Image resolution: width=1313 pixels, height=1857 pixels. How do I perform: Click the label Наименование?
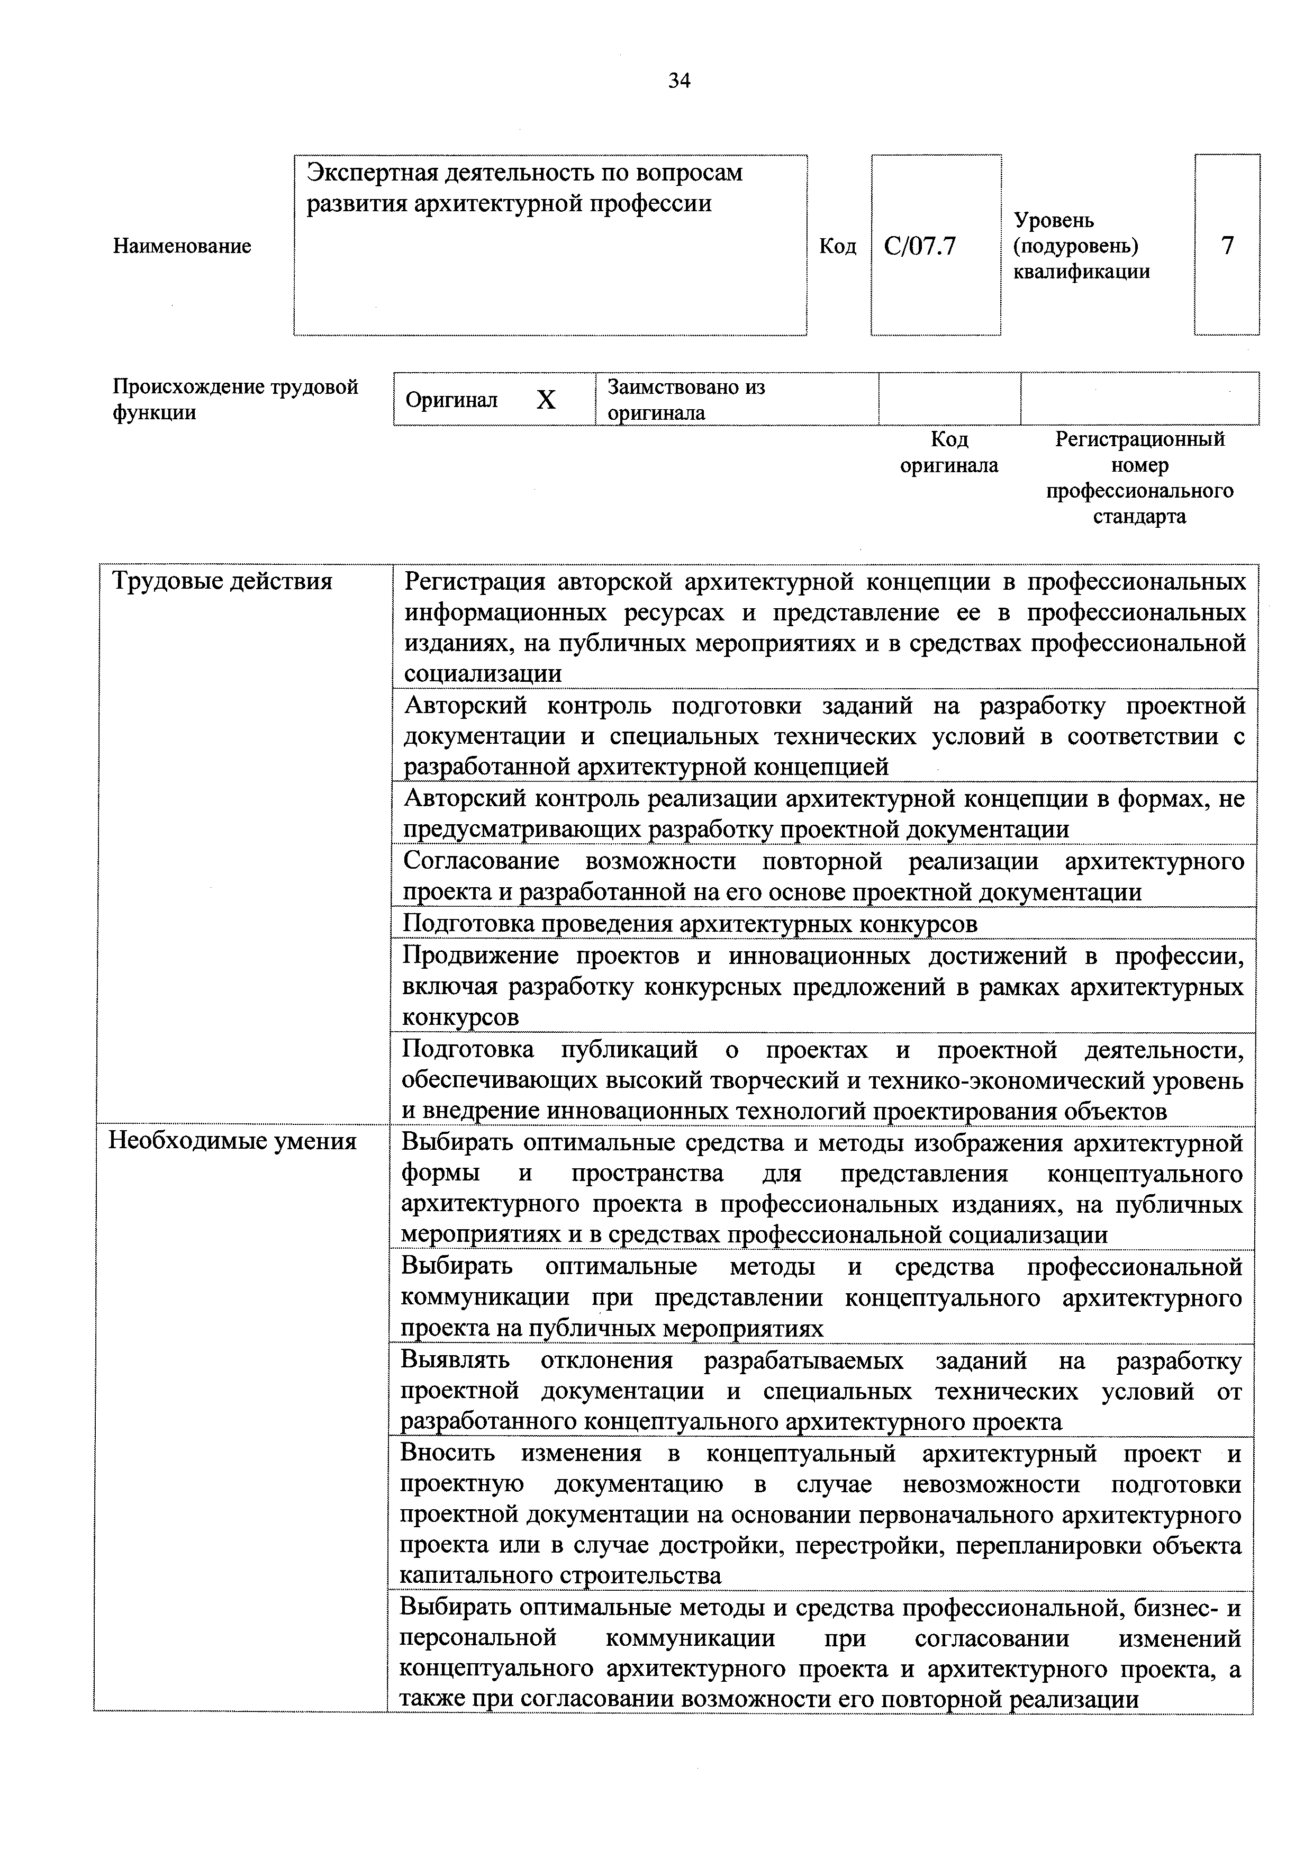(182, 246)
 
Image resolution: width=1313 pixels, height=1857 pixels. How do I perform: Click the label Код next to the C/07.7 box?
(838, 246)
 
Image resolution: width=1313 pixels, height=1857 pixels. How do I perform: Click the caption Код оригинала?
(949, 452)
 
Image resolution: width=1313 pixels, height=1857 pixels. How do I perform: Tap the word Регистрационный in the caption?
(1140, 439)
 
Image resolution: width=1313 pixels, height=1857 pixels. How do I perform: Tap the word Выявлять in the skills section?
(455, 1360)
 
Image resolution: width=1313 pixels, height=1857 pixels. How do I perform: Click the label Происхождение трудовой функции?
(234, 400)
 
